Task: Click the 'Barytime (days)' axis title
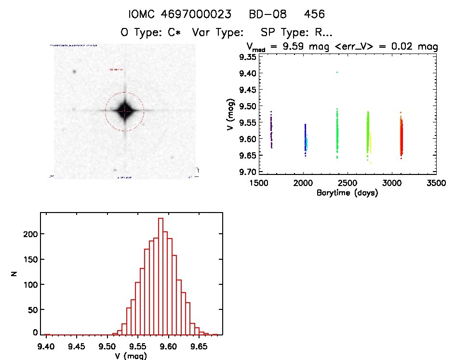pos(347,193)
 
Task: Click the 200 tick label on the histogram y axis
pos(31,234)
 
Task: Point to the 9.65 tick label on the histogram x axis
pos(199,346)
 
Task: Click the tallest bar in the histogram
pos(161,276)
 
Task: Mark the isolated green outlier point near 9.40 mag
pos(337,72)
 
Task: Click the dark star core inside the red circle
pos(124,111)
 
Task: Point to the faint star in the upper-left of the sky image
pos(75,72)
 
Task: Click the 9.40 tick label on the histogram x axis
pos(46,346)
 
